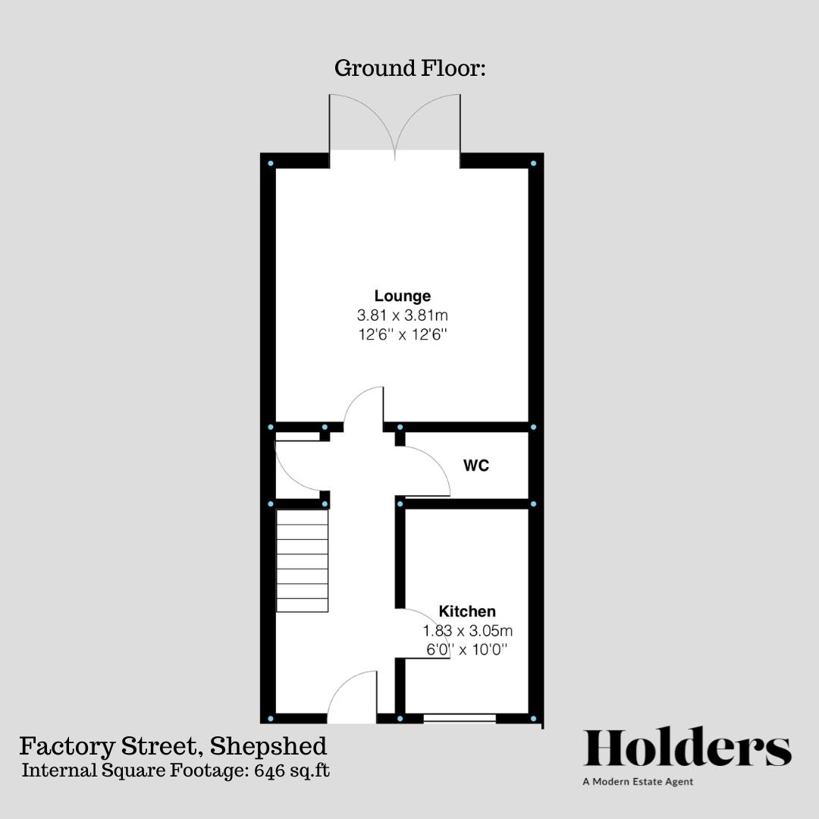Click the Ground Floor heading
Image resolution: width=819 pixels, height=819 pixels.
[409, 68]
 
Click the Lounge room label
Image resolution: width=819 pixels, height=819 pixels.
[402, 296]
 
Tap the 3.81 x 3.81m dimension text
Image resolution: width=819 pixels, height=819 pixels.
[402, 315]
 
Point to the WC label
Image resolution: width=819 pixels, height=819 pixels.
[476, 466]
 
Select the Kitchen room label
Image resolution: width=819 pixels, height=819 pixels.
[467, 611]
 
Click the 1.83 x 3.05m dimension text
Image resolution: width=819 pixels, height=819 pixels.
[468, 630]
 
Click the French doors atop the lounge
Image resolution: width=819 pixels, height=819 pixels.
[394, 125]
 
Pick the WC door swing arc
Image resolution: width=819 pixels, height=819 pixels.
[428, 470]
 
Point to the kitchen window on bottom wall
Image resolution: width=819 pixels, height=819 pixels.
[459, 717]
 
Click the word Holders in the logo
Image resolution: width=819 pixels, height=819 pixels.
[687, 748]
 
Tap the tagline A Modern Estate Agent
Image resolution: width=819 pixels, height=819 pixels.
[638, 781]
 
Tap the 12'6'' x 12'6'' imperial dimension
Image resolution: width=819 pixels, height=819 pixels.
[402, 334]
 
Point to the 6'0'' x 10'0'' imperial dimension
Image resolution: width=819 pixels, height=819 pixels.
[468, 649]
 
